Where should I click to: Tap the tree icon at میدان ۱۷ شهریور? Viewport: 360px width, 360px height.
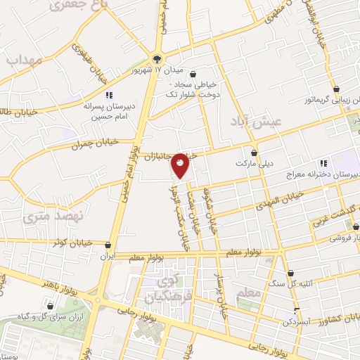[x=156, y=60]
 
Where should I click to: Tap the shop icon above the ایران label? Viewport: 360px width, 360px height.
[x=108, y=246]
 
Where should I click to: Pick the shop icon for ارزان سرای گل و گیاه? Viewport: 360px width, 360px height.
[x=51, y=306]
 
